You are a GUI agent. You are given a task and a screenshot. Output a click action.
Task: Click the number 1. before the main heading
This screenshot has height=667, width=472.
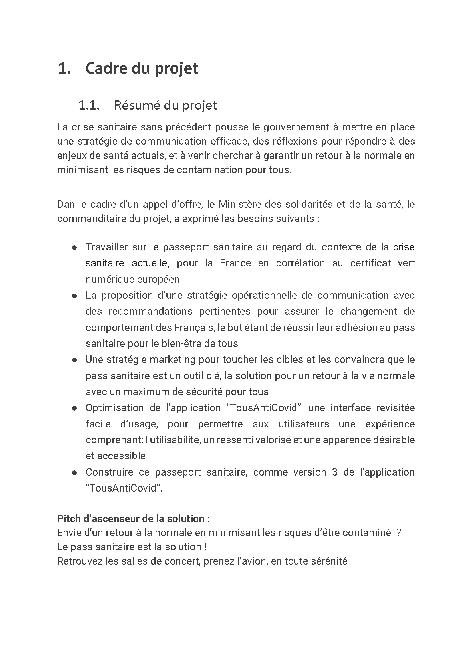pyautogui.click(x=64, y=69)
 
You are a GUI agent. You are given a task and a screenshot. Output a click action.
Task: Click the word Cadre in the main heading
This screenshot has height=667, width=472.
pyautogui.click(x=107, y=69)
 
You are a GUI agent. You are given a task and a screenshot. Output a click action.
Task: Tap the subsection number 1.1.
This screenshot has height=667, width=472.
pyautogui.click(x=89, y=105)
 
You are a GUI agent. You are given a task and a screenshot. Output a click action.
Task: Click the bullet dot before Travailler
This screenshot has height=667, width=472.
pyautogui.click(x=74, y=248)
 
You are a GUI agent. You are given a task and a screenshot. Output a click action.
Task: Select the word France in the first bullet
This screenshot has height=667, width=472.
pyautogui.click(x=235, y=263)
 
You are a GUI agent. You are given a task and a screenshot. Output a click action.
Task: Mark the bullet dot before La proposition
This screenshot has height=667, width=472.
pyautogui.click(x=74, y=296)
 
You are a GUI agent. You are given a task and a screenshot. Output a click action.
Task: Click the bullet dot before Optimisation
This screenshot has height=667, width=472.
pyautogui.click(x=74, y=408)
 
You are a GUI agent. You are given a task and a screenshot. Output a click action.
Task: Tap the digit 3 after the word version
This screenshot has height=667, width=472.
pyautogui.click(x=334, y=472)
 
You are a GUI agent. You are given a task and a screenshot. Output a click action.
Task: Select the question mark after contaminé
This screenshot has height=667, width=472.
pyautogui.click(x=399, y=533)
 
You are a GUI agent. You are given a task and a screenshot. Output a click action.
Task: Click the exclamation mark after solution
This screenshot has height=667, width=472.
pyautogui.click(x=205, y=547)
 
